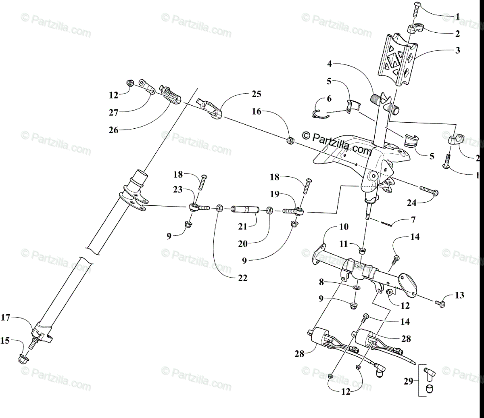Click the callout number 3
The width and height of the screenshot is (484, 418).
[x=457, y=51]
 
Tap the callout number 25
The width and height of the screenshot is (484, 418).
[x=256, y=94]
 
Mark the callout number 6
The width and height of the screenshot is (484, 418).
[x=329, y=98]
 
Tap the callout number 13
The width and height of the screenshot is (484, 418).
[x=459, y=295]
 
